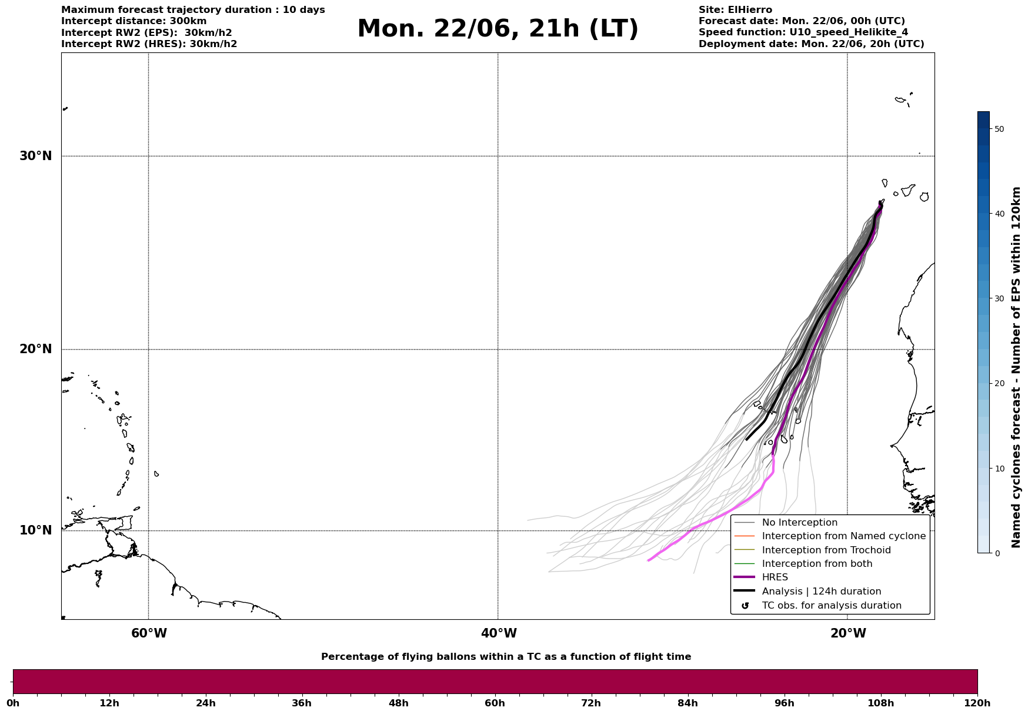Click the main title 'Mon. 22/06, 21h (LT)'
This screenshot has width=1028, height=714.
coord(498,29)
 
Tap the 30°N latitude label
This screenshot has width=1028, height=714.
coord(35,156)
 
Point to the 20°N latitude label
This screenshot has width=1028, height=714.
coord(35,349)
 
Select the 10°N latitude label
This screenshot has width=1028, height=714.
coord(35,530)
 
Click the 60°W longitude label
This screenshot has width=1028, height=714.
coord(149,633)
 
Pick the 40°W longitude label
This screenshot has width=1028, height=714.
coord(499,633)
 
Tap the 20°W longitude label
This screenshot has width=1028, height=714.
coord(848,633)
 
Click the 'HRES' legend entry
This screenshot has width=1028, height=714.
coord(775,577)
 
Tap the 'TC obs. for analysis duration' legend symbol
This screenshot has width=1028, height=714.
coord(745,606)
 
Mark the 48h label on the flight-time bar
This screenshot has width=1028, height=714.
coord(398,703)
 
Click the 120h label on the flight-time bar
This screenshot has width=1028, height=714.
coord(977,703)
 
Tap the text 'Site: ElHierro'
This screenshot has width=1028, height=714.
coord(735,10)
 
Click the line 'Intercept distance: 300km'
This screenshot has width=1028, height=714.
coord(133,21)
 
